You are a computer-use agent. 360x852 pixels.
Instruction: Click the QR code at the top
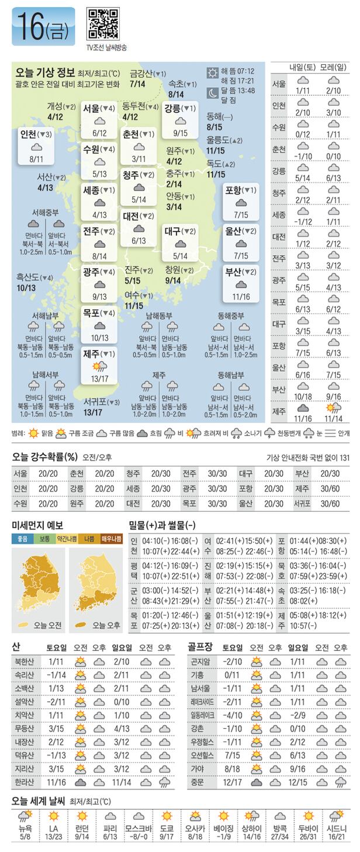[102, 25]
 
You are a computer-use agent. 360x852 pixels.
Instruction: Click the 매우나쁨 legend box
[111, 539]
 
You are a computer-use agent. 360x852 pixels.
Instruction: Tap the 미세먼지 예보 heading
[37, 525]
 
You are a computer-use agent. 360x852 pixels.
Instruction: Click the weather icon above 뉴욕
[25, 816]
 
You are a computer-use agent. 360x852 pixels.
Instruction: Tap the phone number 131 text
[344, 458]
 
